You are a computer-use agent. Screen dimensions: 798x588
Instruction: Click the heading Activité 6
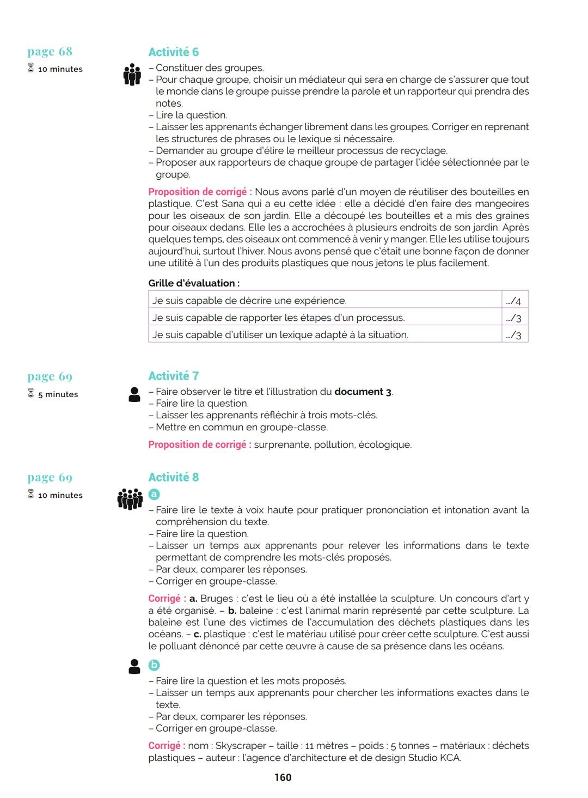[173, 52]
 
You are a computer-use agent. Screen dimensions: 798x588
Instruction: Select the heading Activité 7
[173, 376]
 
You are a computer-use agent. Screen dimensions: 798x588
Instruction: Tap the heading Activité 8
[173, 477]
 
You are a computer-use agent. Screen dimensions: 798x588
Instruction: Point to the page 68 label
[50, 52]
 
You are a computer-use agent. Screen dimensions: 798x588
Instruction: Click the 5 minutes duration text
[58, 394]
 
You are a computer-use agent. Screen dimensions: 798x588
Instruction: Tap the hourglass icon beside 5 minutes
[31, 393]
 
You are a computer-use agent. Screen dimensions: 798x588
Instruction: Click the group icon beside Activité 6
[132, 75]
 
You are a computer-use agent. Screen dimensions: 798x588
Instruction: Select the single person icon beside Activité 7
[134, 394]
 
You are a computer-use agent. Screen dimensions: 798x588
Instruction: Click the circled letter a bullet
[154, 494]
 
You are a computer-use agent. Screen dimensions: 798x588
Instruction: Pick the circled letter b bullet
[154, 665]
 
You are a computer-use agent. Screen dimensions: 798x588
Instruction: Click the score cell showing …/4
[514, 301]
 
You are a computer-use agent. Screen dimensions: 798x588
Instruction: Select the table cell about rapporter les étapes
[324, 318]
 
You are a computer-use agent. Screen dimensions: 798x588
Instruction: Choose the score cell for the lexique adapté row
[514, 335]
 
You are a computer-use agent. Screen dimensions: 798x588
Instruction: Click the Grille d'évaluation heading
[194, 283]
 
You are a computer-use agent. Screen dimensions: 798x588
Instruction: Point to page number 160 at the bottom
[283, 777]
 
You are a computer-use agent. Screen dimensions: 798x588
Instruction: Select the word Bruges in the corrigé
[217, 599]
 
